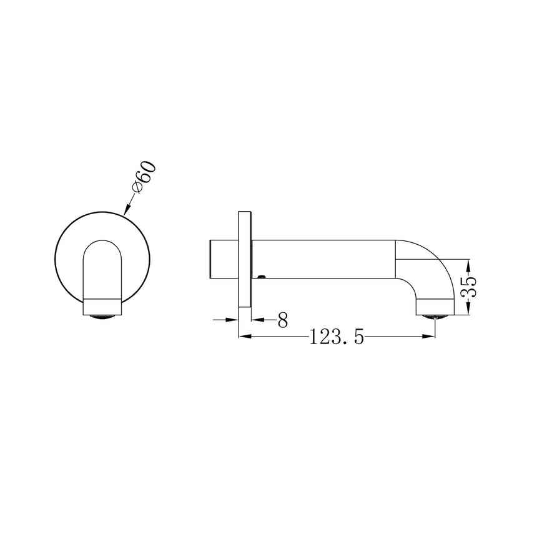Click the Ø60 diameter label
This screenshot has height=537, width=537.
pyautogui.click(x=143, y=179)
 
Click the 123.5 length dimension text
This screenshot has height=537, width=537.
pyautogui.click(x=336, y=338)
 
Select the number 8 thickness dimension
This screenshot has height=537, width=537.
pyautogui.click(x=282, y=320)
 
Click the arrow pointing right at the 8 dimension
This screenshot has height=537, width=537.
pyautogui.click(x=233, y=319)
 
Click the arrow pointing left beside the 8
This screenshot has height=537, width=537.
pyautogui.click(x=257, y=319)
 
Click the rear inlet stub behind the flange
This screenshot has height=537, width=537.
pyautogui.click(x=222, y=259)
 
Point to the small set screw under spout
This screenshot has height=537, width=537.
pyautogui.click(x=263, y=276)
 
